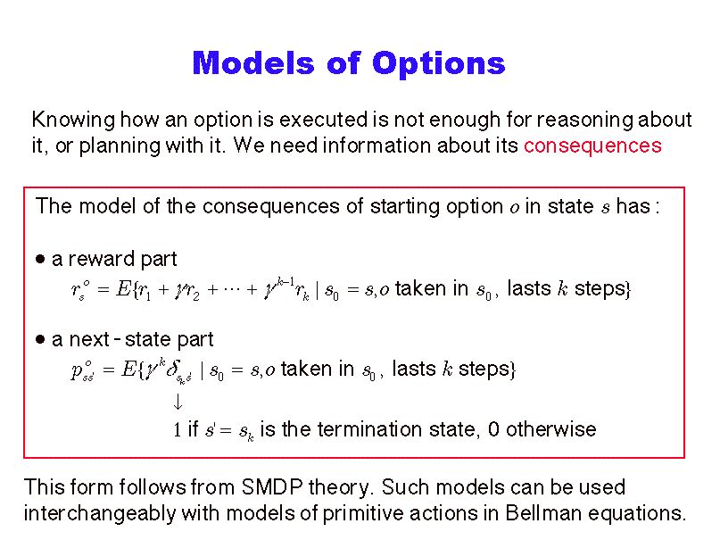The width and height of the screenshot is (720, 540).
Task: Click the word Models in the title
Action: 253,62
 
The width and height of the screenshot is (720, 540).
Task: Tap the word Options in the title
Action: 439,64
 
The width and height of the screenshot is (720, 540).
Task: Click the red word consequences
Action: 592,146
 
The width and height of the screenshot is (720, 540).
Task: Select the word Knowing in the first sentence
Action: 73,120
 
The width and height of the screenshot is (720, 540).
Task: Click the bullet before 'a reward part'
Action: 40,260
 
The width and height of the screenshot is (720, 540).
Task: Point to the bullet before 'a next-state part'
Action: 40,340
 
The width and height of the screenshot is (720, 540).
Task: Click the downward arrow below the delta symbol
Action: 178,402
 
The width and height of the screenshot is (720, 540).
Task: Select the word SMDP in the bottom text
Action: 272,486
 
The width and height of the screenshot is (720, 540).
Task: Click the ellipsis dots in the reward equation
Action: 233,290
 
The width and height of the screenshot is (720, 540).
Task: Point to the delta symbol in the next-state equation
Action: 173,370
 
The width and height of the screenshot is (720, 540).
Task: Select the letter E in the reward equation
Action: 123,289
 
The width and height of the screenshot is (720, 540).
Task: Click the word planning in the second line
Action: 119,146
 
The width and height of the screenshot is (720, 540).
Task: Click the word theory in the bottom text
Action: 339,487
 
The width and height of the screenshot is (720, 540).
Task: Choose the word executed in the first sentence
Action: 324,120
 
